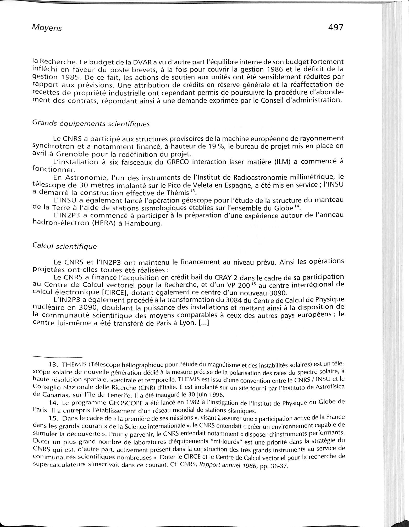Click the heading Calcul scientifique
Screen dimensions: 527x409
coord(64,246)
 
